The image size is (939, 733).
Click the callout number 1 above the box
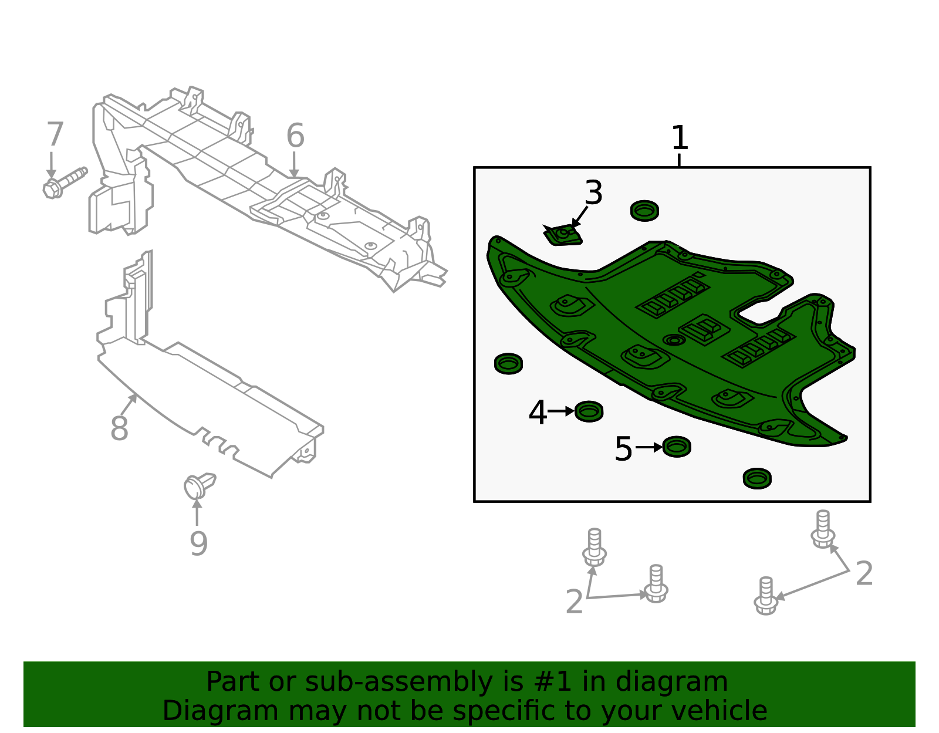(x=679, y=138)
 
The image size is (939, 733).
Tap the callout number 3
(x=593, y=192)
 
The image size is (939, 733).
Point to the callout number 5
(x=623, y=449)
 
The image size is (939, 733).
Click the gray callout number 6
(x=296, y=135)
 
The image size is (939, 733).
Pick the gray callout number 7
(x=55, y=134)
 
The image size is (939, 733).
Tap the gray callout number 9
(x=199, y=543)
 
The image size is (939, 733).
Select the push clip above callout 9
(x=199, y=485)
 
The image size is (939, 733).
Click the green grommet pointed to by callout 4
(x=589, y=411)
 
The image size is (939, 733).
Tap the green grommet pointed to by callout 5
(x=677, y=447)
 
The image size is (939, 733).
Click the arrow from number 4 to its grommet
(x=561, y=411)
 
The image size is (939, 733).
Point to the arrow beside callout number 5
(x=650, y=447)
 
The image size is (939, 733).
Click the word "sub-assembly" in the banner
(x=398, y=681)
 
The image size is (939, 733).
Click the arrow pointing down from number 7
(x=52, y=165)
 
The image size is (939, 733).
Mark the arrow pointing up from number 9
(x=197, y=513)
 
